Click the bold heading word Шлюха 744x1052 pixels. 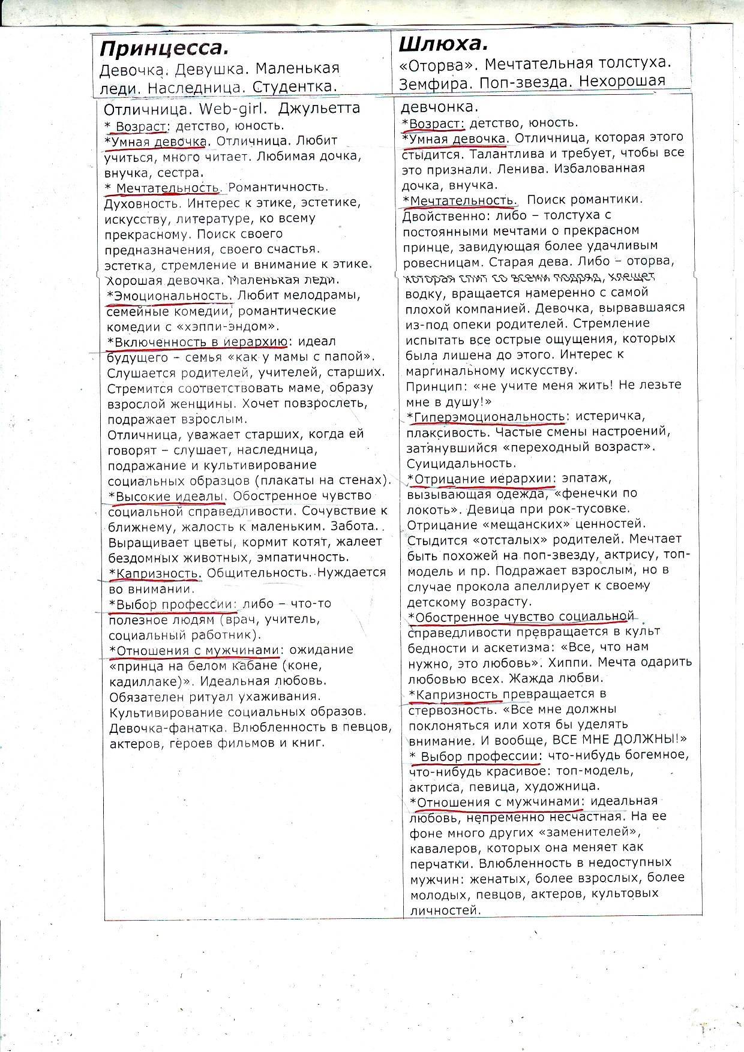[x=443, y=43]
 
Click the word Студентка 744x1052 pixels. [x=295, y=87]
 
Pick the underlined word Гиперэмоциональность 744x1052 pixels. [x=489, y=416]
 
